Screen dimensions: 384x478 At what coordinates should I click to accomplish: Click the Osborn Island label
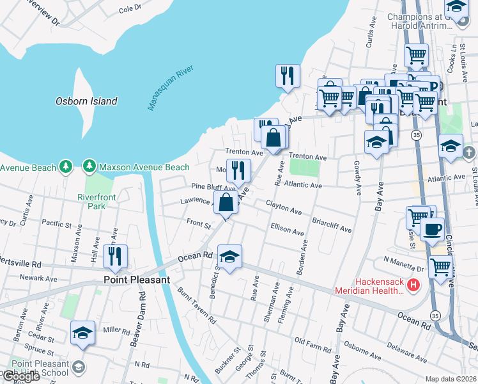point(86,101)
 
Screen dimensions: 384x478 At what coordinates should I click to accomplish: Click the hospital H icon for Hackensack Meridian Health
point(414,285)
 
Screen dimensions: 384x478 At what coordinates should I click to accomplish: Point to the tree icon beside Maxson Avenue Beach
point(89,167)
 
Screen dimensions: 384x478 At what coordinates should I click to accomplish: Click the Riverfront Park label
point(96,202)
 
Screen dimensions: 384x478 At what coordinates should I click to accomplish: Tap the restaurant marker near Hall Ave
point(115,257)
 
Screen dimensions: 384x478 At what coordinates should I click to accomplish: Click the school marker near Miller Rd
point(83,333)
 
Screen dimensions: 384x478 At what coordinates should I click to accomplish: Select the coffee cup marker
point(432,229)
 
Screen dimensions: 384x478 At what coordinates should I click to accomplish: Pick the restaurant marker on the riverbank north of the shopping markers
point(288,76)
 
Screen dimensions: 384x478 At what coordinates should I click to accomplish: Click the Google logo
point(20,376)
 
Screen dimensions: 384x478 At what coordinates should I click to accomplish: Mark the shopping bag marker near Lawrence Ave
point(226,203)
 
